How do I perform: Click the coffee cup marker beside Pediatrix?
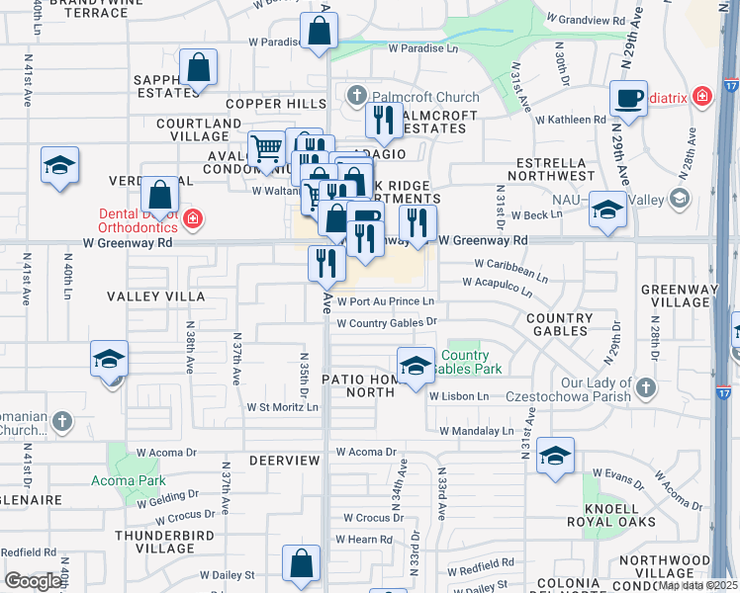627,99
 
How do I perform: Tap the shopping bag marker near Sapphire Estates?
199,68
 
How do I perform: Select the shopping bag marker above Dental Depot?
159,194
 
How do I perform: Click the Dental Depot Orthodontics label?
138,219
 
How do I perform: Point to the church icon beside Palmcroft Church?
358,97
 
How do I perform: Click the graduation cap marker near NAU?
607,210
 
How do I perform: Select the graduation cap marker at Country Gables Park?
416,366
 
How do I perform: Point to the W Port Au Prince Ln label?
386,301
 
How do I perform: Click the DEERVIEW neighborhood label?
285,461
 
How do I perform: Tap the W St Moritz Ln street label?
283,406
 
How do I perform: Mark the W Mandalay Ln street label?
477,431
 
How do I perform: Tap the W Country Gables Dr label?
387,323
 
